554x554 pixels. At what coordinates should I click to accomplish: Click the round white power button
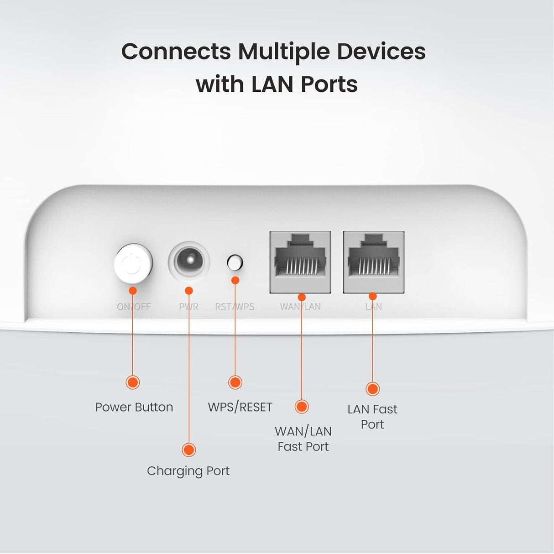(x=133, y=264)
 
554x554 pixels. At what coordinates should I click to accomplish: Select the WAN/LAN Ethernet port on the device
(x=300, y=262)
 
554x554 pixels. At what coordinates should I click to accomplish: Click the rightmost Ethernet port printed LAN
(x=373, y=262)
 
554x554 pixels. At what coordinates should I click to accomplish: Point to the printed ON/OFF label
(x=134, y=307)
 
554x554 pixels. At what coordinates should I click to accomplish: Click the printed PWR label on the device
(x=188, y=307)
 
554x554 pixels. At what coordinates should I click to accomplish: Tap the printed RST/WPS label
(x=235, y=307)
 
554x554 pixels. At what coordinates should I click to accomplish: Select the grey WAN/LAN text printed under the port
(x=300, y=307)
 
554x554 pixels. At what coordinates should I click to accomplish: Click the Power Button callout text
(x=134, y=407)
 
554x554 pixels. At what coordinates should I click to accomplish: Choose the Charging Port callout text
(x=188, y=470)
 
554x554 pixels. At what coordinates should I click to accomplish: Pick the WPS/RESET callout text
(x=240, y=407)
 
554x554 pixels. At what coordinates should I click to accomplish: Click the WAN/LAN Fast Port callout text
(x=303, y=439)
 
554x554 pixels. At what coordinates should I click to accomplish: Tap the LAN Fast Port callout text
(x=372, y=416)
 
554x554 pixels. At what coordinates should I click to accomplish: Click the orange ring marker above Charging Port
(x=188, y=449)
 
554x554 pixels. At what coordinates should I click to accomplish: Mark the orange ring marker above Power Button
(x=133, y=382)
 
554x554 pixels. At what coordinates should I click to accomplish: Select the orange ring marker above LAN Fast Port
(x=373, y=389)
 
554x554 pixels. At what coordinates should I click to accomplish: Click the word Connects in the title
(x=176, y=51)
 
